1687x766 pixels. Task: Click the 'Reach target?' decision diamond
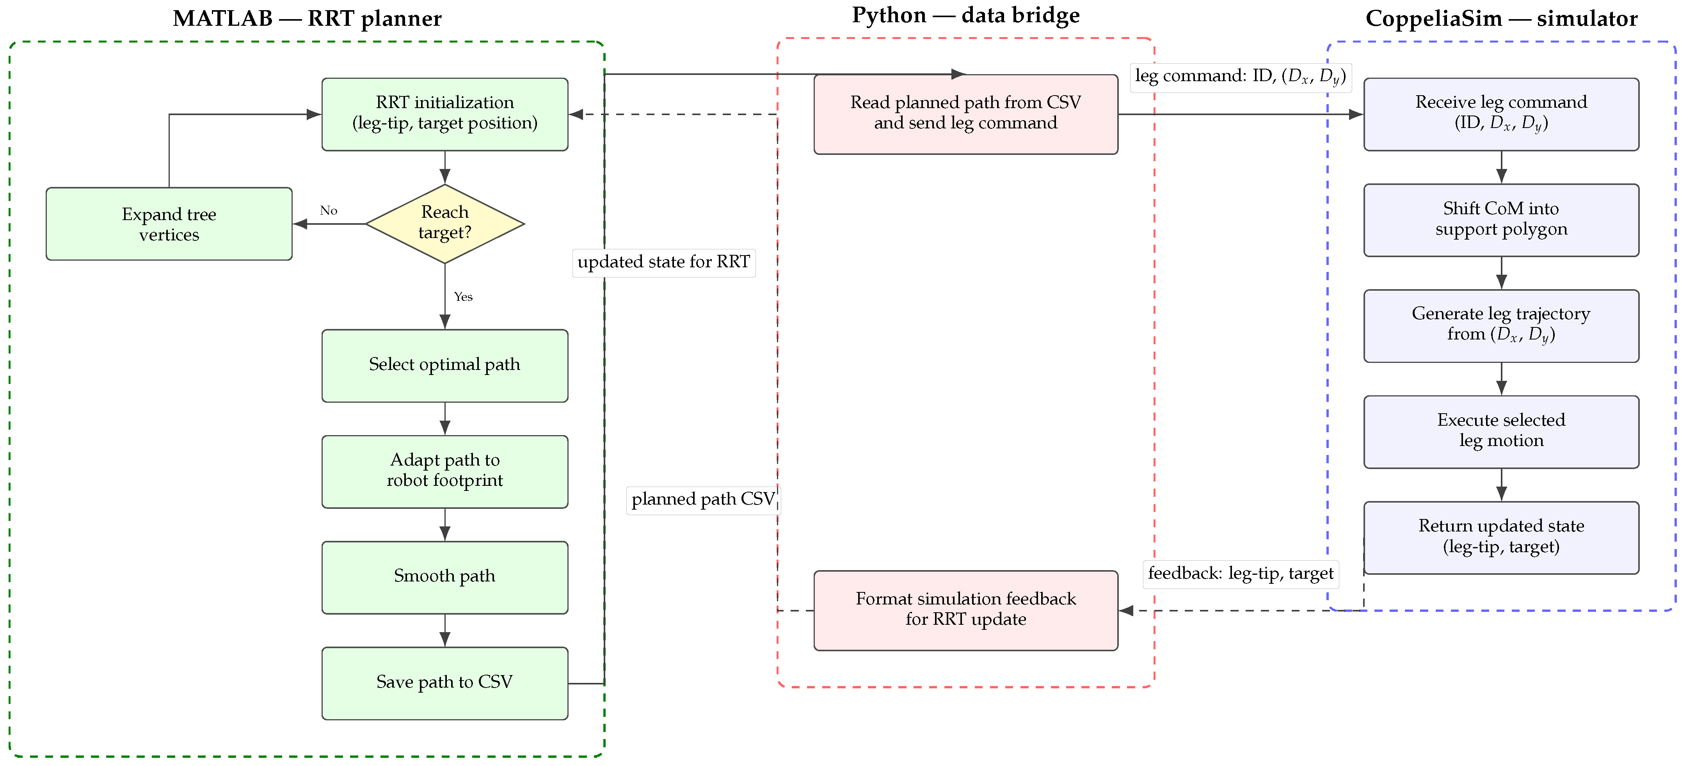tap(444, 224)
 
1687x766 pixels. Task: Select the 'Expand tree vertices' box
tap(169, 224)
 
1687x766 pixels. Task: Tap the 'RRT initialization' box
tap(444, 115)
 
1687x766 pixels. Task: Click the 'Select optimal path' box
tap(444, 365)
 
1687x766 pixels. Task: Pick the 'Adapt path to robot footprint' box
tap(444, 471)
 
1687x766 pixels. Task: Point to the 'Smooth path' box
tap(444, 578)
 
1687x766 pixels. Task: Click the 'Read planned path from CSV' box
tap(966, 115)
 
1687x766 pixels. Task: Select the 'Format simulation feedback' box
tap(966, 611)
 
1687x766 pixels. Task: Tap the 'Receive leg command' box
tap(1501, 115)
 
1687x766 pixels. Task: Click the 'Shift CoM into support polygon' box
tap(1501, 220)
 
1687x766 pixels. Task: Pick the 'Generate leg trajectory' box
tap(1501, 326)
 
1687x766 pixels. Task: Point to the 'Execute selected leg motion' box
tap(1501, 432)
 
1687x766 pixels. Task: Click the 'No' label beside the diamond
tap(329, 210)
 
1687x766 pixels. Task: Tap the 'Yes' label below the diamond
tap(463, 297)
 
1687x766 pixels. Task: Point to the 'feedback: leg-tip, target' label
tap(1240, 574)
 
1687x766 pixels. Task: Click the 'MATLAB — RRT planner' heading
tap(307, 18)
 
